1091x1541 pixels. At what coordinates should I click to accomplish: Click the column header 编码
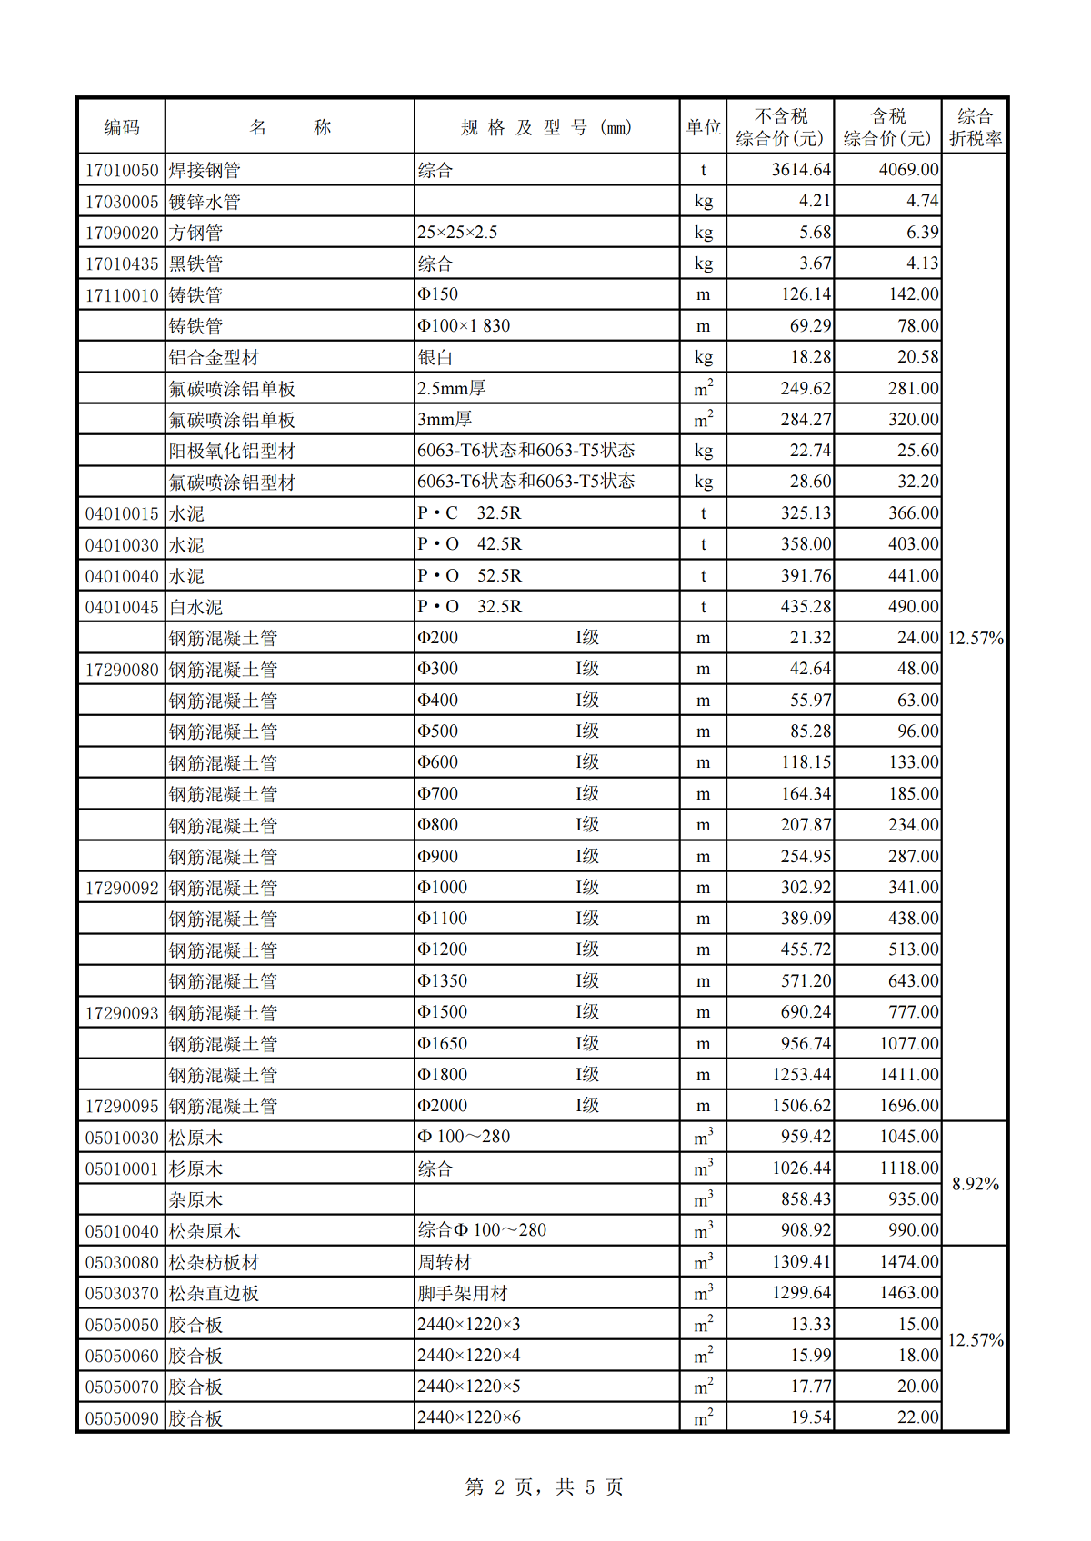(122, 127)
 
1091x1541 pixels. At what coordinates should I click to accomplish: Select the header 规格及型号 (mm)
(546, 127)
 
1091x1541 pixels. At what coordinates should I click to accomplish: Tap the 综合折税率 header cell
(975, 127)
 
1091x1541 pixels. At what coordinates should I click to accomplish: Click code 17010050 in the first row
(122, 170)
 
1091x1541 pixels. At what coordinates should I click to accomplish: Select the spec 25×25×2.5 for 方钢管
(457, 233)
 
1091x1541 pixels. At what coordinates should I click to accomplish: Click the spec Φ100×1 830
(464, 326)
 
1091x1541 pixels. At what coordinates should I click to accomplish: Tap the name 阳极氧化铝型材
(232, 451)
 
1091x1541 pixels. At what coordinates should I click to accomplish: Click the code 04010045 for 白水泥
(122, 607)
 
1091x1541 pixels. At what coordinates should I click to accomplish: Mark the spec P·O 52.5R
(469, 576)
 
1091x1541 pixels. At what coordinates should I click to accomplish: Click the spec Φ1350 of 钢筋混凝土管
(443, 981)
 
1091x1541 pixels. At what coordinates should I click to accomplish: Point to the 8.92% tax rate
(975, 1184)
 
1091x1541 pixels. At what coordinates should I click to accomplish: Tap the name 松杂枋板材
(214, 1262)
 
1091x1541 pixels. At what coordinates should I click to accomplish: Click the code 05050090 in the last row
(122, 1418)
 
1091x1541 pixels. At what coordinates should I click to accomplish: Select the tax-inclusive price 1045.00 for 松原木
(908, 1137)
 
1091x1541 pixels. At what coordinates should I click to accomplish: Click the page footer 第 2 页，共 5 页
(544, 1487)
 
